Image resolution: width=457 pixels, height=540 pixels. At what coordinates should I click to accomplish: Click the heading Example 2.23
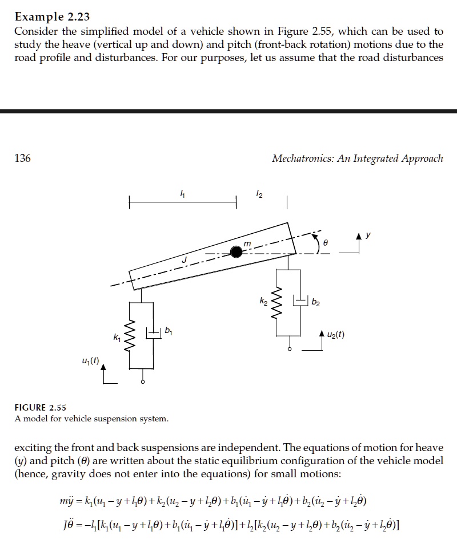coord(52,17)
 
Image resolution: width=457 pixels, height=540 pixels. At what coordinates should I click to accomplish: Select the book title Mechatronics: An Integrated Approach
coord(358,159)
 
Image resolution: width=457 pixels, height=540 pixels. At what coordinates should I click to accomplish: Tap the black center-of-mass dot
coord(236,251)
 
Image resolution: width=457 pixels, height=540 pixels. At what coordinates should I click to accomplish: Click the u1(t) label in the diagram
coord(90,360)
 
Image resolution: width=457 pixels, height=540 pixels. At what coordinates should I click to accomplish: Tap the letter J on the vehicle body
coord(184,261)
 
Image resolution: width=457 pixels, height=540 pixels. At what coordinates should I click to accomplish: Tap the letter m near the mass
coord(247,243)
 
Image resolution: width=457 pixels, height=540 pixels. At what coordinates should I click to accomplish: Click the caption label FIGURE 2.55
coord(41,407)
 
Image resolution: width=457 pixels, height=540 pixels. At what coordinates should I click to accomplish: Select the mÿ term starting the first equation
coord(60,502)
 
